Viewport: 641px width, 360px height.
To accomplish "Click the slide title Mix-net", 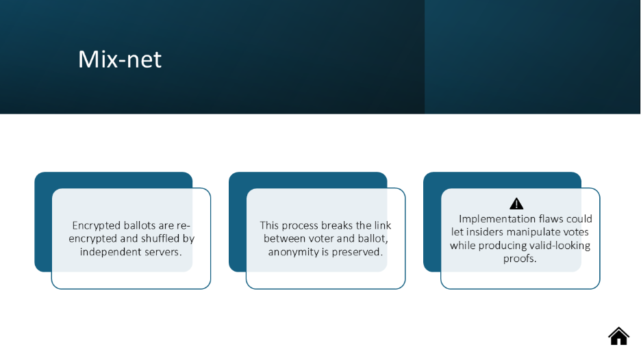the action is pos(120,60).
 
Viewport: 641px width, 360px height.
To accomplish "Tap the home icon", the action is pos(618,336).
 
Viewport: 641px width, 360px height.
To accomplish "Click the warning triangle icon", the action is pos(516,203).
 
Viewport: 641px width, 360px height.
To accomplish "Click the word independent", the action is pos(110,252).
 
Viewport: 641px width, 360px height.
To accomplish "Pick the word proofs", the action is pos(520,259).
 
